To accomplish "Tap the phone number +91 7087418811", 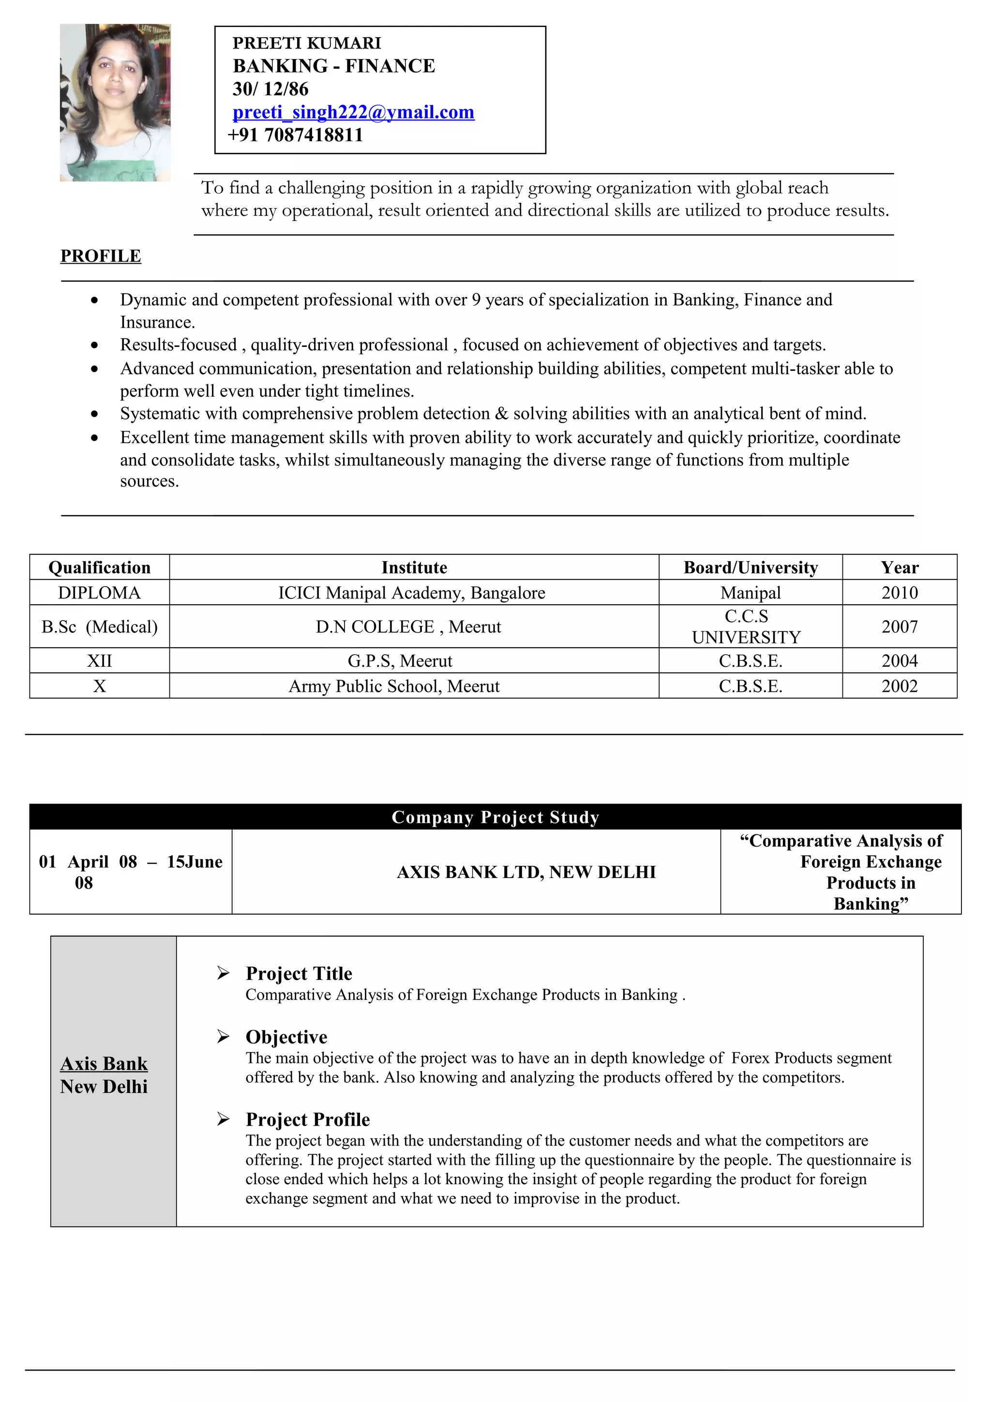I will (296, 135).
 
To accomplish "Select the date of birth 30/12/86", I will (270, 89).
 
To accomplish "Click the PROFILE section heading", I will (101, 256).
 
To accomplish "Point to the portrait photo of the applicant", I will (115, 103).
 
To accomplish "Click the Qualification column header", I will (100, 568).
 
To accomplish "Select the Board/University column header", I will (751, 568).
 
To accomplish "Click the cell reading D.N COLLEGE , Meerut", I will (408, 627).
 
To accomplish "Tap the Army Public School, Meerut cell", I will (394, 686).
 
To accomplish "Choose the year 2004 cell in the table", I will (900, 661).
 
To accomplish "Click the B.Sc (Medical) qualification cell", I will (100, 627).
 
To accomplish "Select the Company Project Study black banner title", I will (495, 817).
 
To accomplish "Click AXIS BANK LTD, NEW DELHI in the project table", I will (526, 872).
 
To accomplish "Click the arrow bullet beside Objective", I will (224, 1036).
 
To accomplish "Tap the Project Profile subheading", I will (308, 1119).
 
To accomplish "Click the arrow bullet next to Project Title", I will (224, 973).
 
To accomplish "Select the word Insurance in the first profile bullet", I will (156, 322).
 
